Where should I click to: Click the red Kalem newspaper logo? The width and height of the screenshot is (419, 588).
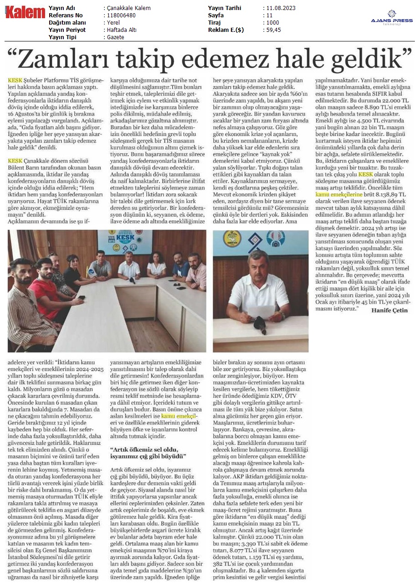click(x=25, y=13)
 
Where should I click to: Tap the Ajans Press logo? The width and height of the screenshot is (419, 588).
click(x=392, y=18)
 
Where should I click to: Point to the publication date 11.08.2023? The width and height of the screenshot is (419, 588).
click(x=280, y=8)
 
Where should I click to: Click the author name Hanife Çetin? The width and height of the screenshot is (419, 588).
click(x=390, y=310)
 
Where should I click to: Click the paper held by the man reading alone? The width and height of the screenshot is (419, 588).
click(x=262, y=311)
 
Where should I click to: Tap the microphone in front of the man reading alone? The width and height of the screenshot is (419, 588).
click(x=259, y=324)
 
